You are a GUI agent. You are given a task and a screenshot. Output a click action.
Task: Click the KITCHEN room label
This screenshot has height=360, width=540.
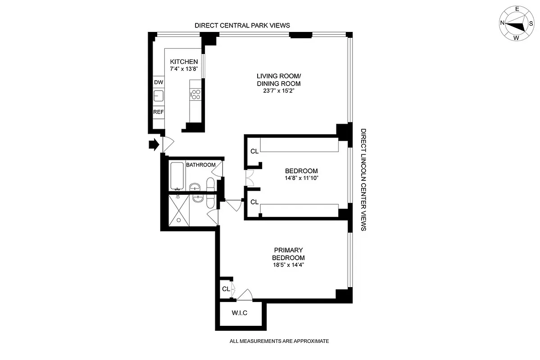pyautogui.click(x=184, y=62)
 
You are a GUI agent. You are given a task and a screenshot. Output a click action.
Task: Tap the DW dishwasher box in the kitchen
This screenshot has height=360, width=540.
pyautogui.click(x=159, y=82)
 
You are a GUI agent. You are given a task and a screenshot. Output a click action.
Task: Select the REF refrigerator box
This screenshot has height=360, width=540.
pyautogui.click(x=159, y=112)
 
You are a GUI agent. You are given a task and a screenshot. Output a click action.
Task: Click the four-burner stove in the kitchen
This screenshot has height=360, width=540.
pyautogui.click(x=196, y=94)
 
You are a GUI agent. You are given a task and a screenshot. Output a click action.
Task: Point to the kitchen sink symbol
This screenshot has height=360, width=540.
pyautogui.click(x=159, y=95)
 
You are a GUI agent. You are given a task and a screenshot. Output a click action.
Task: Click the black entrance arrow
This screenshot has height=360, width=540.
pyautogui.click(x=154, y=144)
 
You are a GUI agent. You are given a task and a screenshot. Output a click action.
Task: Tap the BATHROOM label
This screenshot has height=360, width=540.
pyautogui.click(x=201, y=165)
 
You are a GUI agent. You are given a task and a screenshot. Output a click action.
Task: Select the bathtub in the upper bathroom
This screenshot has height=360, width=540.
pyautogui.click(x=177, y=176)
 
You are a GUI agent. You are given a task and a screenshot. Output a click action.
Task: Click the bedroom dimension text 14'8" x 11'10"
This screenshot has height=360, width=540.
pyautogui.click(x=301, y=178)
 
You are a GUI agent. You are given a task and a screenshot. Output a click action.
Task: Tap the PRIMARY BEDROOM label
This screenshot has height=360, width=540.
pyautogui.click(x=288, y=254)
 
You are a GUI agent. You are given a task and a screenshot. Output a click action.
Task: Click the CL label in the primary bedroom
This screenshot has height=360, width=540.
pyautogui.click(x=226, y=288)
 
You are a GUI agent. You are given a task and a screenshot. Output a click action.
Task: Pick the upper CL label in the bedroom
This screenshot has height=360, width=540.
pyautogui.click(x=254, y=151)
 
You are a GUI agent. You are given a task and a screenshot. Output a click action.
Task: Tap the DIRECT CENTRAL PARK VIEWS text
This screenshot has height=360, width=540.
pyautogui.click(x=242, y=26)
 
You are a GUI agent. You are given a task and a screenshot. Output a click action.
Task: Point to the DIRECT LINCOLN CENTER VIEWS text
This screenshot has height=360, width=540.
pyautogui.click(x=363, y=180)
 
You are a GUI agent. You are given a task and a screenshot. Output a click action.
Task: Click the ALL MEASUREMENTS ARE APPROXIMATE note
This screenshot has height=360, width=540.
pyautogui.click(x=279, y=341)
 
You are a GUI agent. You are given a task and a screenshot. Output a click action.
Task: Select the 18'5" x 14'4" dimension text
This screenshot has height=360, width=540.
pyautogui.click(x=288, y=265)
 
